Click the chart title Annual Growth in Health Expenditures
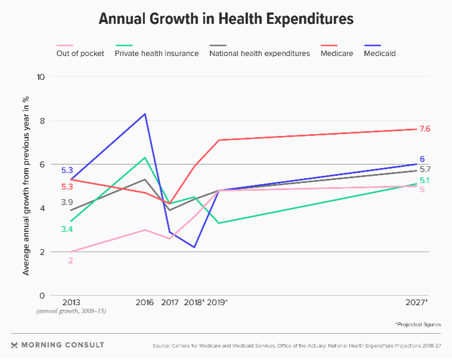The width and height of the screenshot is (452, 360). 226,18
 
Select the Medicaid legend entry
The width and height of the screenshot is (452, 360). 379,53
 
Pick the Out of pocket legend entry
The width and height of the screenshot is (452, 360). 81,53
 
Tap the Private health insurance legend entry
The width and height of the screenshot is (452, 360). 157,53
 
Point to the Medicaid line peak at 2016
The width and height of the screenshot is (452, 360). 145,114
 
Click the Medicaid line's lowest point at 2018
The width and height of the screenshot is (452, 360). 194,247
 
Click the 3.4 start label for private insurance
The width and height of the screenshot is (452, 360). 67,229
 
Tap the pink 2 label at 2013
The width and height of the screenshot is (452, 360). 70,260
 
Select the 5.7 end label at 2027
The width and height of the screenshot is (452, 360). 425,169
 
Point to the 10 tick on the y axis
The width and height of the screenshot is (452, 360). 41,77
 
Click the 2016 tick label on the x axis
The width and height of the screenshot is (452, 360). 145,302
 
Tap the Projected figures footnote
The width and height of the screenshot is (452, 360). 417,324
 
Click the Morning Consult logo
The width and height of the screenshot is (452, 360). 57,345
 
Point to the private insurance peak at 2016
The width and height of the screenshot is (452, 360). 145,158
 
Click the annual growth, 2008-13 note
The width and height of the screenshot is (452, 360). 71,312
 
